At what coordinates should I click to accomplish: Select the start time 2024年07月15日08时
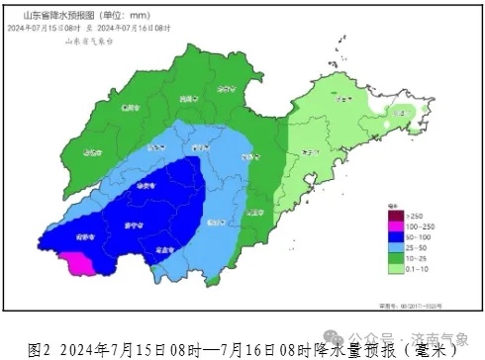[x=45, y=29]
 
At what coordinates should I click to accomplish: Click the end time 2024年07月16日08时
[x=138, y=29]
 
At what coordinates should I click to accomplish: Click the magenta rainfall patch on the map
[x=75, y=261]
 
